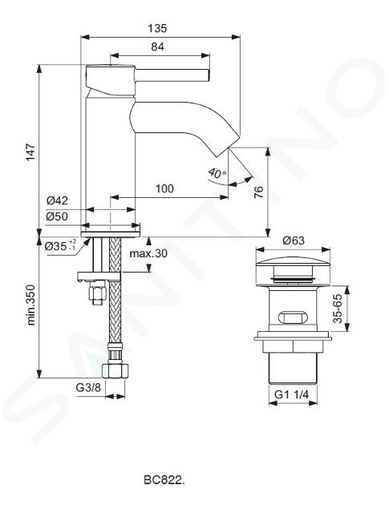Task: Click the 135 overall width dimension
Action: (157, 29)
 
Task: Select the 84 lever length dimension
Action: (157, 47)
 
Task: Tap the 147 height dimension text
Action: (30, 152)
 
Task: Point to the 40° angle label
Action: (217, 173)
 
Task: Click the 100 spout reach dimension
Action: (164, 188)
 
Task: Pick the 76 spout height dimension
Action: (259, 192)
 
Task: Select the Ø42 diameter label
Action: (57, 200)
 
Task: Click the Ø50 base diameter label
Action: (57, 216)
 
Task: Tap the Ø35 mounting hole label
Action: (60, 246)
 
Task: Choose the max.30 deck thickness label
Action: (148, 253)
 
